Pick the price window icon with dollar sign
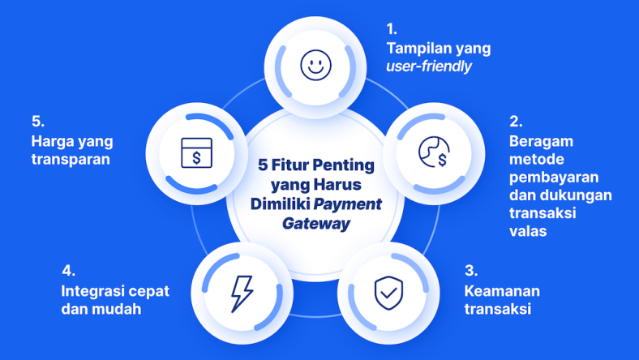click(x=196, y=152)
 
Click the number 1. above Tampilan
click(x=392, y=30)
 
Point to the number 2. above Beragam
click(x=515, y=122)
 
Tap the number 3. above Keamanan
click(x=470, y=272)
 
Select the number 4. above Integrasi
click(x=68, y=272)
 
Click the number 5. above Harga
click(x=37, y=122)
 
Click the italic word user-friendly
click(x=429, y=67)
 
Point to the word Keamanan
click(x=502, y=291)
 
